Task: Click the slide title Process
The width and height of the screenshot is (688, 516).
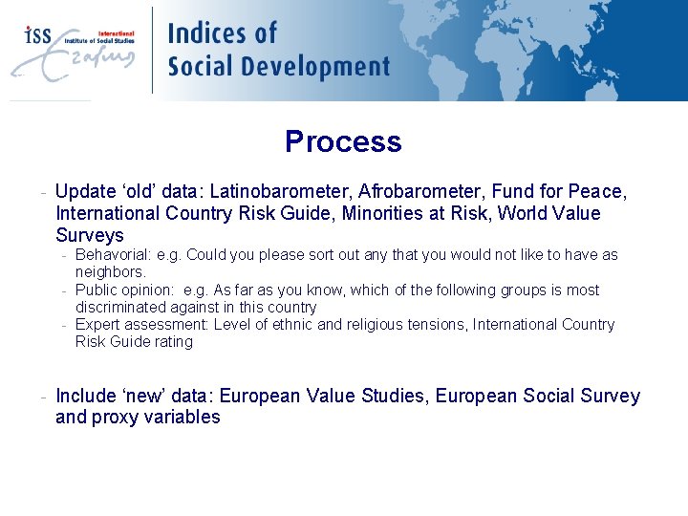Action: coord(343,141)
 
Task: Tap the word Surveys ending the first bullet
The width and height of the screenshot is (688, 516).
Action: coord(90,235)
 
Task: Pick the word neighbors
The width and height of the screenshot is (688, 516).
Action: coord(110,272)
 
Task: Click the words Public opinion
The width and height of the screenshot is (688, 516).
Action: coord(123,290)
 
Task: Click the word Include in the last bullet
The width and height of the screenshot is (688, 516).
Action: coord(83,396)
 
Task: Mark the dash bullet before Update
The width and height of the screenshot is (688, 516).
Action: coord(45,192)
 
